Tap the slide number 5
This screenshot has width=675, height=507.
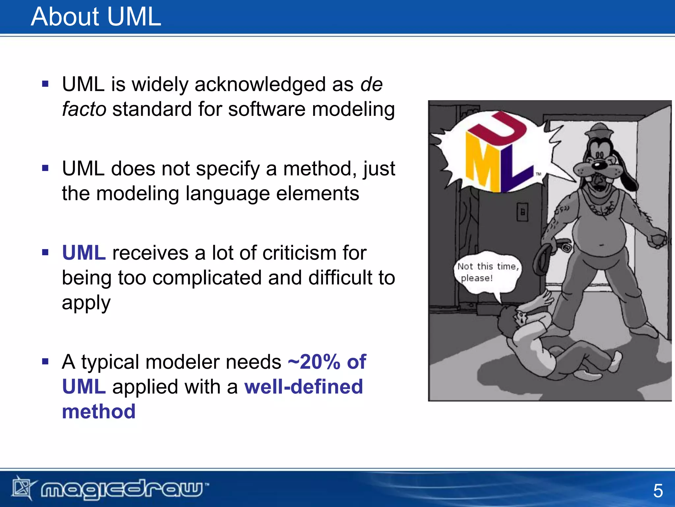(658, 491)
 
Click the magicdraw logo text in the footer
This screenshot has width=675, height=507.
(122, 489)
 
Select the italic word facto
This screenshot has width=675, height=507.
(84, 109)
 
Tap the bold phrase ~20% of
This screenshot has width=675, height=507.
(327, 362)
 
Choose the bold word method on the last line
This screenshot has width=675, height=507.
(99, 412)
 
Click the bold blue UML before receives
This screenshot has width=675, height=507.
(84, 253)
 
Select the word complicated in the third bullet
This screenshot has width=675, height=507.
(207, 278)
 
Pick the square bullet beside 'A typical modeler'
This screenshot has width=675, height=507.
(45, 361)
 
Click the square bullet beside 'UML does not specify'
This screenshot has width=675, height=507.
(45, 168)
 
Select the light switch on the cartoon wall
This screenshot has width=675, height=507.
(522, 212)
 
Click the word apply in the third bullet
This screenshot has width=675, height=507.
(86, 303)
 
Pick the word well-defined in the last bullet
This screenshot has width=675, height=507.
(303, 387)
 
